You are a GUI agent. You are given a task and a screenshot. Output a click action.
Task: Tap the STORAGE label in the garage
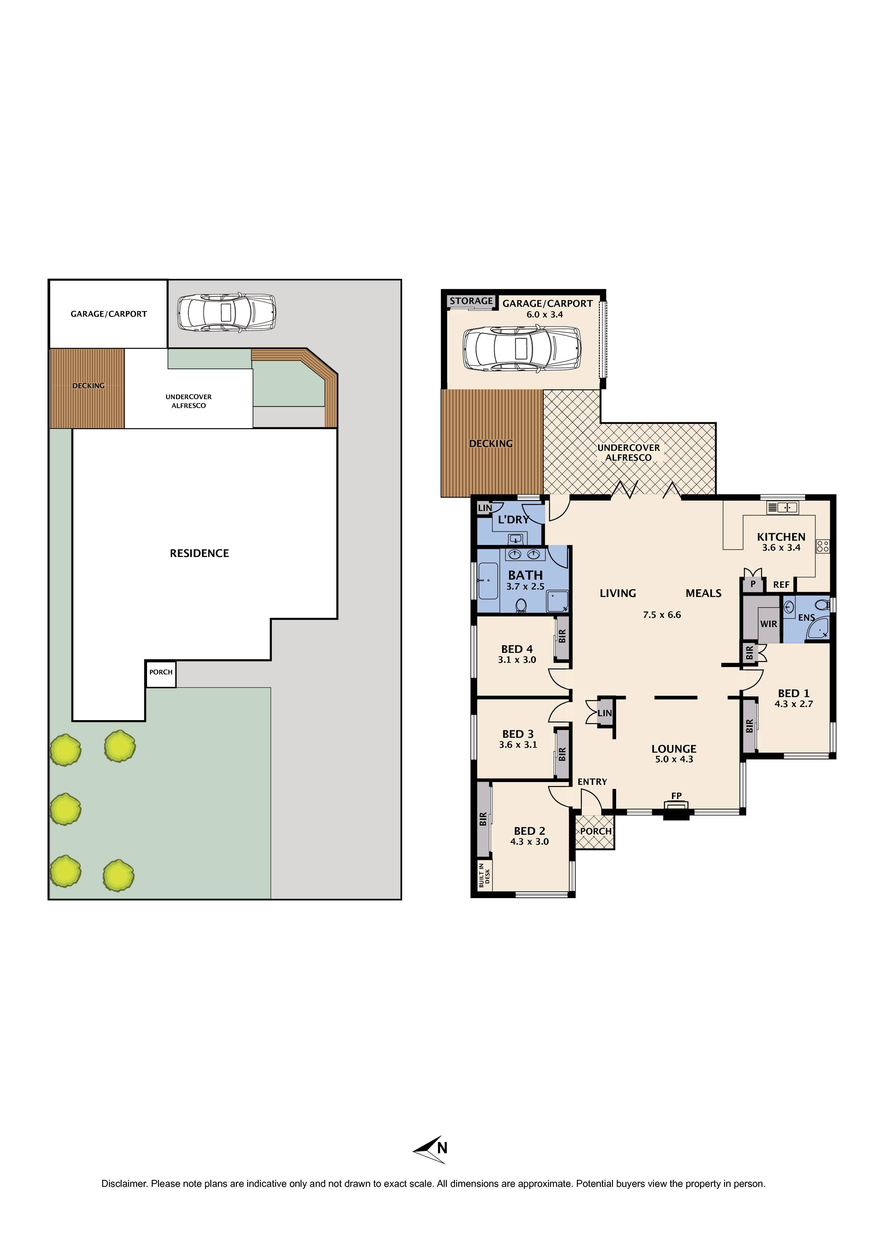[x=471, y=301]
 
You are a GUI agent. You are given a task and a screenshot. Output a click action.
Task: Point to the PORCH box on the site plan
[x=161, y=672]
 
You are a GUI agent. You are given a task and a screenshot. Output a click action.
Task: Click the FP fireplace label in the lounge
[x=676, y=795]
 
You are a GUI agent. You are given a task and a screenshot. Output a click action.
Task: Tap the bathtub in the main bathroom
[x=488, y=581]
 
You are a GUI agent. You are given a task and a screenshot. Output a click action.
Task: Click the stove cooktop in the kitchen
[x=823, y=546]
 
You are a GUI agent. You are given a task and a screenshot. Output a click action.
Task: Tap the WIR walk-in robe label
[x=768, y=624]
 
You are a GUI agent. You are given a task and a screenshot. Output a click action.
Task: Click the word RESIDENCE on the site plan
[x=199, y=553]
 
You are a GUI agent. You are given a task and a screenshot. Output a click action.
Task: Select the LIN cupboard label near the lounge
[x=604, y=713]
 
